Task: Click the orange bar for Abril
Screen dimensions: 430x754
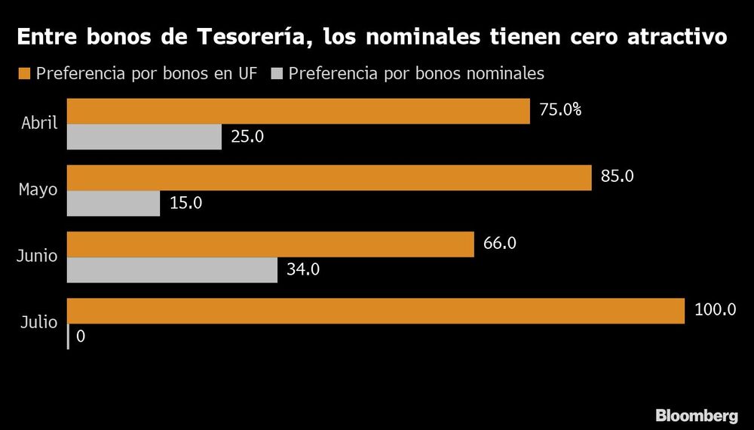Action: pyautogui.click(x=299, y=111)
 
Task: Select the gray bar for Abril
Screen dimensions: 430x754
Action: pyautogui.click(x=145, y=137)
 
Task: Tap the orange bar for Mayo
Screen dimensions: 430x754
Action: pyautogui.click(x=329, y=177)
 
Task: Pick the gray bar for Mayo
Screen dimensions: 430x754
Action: pyautogui.click(x=114, y=204)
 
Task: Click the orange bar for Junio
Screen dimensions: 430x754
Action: pyautogui.click(x=271, y=244)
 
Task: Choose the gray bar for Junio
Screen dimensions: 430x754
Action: pyautogui.click(x=173, y=270)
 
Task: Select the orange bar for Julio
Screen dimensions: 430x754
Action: pyautogui.click(x=376, y=311)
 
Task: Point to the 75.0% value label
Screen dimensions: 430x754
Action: pyautogui.click(x=560, y=110)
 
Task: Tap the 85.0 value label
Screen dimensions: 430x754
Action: pyautogui.click(x=618, y=177)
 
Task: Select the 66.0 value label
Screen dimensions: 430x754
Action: pyautogui.click(x=500, y=244)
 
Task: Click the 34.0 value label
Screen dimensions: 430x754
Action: pyautogui.click(x=302, y=270)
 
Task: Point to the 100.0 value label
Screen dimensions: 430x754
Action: pyautogui.click(x=715, y=310)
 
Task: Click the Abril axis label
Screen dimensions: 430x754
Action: pyautogui.click(x=39, y=123)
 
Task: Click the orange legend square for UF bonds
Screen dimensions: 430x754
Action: pyautogui.click(x=23, y=73)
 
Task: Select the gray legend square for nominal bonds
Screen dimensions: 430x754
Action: pyautogui.click(x=275, y=73)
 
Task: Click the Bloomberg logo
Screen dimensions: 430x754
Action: pyautogui.click(x=696, y=414)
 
